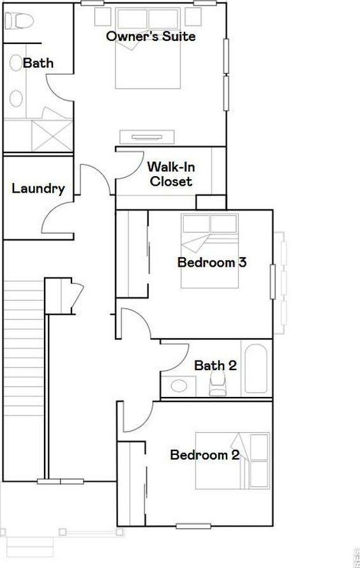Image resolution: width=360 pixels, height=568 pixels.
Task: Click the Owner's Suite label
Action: [151, 36]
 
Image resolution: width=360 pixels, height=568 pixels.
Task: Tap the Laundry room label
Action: [38, 189]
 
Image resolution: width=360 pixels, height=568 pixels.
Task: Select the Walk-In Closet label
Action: [170, 174]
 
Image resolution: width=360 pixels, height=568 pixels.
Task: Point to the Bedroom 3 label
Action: [211, 262]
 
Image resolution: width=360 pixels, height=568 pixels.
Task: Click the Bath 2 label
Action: [215, 366]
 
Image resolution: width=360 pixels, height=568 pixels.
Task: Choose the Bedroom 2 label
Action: [204, 455]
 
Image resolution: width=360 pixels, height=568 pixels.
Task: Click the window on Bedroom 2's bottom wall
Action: [193, 526]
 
